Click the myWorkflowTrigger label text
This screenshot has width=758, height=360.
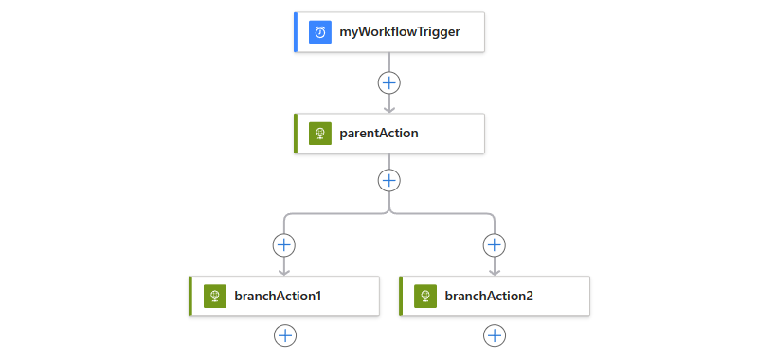click(x=399, y=32)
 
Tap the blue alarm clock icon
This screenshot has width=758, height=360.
click(x=320, y=32)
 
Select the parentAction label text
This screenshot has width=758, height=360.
click(x=378, y=134)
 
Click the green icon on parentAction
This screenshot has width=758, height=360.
click(x=320, y=134)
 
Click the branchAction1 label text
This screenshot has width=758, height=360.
click(x=278, y=296)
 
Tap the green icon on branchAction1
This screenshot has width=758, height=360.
click(x=215, y=297)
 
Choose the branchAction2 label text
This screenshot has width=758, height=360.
click(x=489, y=296)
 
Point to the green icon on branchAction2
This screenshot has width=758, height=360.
click(x=425, y=297)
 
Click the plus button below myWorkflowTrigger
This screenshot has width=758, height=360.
click(x=389, y=83)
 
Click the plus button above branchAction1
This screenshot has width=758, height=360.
click(x=283, y=245)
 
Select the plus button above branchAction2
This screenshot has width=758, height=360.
click(x=494, y=245)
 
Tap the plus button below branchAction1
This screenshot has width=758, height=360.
click(x=285, y=335)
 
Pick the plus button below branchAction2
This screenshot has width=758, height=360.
click(x=495, y=335)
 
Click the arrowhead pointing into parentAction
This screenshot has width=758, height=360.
click(x=389, y=110)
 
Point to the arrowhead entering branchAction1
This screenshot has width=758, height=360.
click(x=283, y=272)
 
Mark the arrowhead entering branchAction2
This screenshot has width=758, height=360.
click(x=494, y=272)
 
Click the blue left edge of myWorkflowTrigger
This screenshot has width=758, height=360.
click(x=296, y=32)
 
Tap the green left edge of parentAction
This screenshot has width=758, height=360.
click(x=296, y=134)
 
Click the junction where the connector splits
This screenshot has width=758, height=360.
click(x=389, y=212)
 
